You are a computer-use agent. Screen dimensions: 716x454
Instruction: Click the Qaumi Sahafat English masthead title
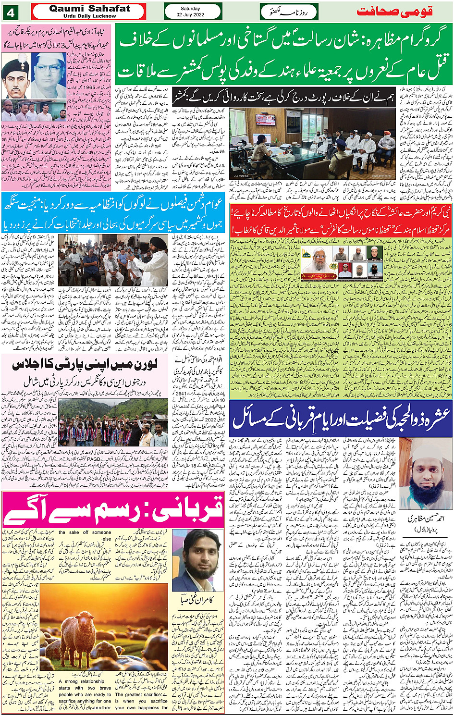(x=89, y=9)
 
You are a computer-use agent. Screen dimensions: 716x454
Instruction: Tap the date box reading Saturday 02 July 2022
(x=193, y=12)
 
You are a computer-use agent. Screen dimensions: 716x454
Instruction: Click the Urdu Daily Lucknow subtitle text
(x=89, y=16)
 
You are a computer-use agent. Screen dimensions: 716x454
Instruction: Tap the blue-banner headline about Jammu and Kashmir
(x=114, y=213)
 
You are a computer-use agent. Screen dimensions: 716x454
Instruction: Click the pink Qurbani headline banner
(x=113, y=509)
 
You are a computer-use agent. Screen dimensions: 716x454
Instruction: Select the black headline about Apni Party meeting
(x=85, y=365)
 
